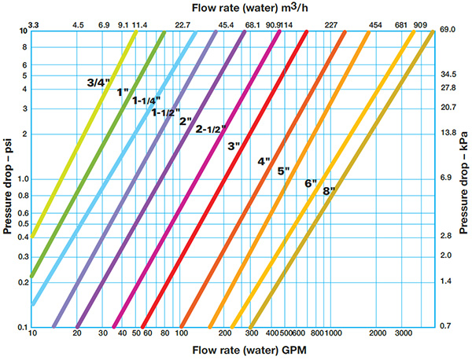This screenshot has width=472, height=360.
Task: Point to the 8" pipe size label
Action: (329, 190)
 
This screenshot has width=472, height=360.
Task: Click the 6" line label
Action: (310, 183)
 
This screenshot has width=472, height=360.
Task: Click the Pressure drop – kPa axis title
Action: (464, 178)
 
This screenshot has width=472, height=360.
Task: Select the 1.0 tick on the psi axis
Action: (21, 179)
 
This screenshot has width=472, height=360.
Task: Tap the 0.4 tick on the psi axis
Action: (21, 237)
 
